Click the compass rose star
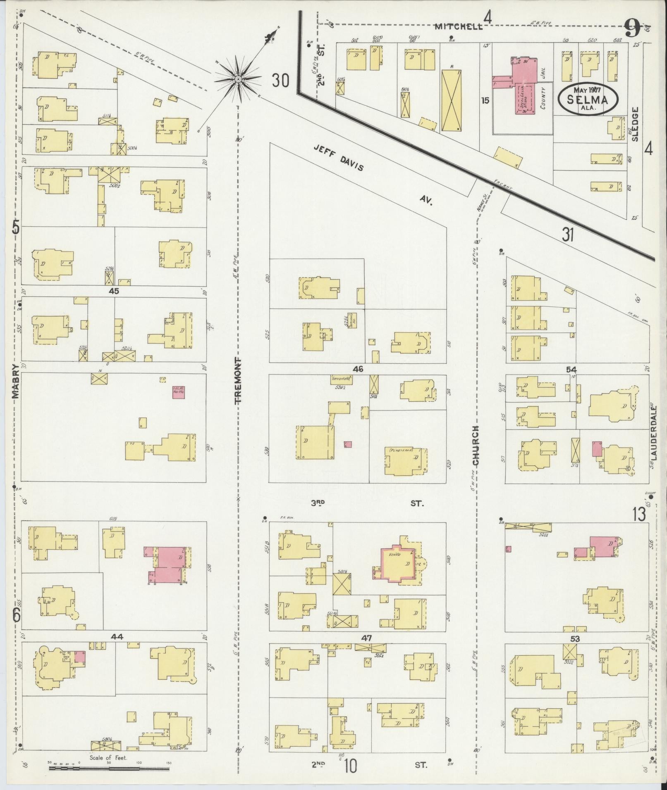coord(239,78)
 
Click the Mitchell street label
coord(458,26)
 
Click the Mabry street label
coord(16,381)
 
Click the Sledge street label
coord(635,124)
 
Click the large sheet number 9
coord(631,28)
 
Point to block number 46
coord(358,369)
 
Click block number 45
coord(114,291)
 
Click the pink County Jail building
coord(523,87)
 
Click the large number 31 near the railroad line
coord(568,235)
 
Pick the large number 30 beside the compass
coord(280,80)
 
